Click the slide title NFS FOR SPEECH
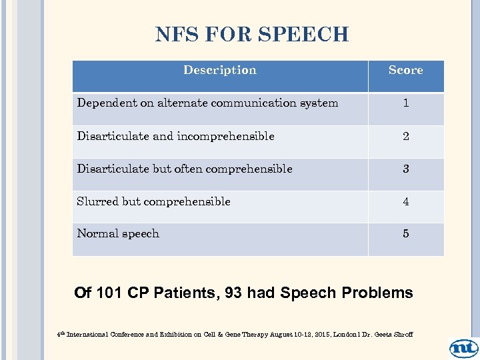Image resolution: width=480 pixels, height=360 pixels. tap(251, 35)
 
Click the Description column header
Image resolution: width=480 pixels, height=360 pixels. tap(219, 70)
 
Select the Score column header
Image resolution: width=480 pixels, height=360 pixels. tap(405, 70)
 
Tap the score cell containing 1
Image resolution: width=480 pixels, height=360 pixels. tap(405, 103)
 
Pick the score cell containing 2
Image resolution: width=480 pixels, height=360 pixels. tap(405, 136)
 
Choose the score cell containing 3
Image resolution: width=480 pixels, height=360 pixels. tap(405, 169)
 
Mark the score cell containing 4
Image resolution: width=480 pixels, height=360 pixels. tap(405, 201)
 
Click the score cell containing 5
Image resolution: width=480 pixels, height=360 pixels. tap(405, 234)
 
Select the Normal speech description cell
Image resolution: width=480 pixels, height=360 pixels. tap(118, 234)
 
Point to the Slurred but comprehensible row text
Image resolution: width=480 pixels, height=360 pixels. tap(153, 201)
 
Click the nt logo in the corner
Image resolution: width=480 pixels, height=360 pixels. tap(463, 347)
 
